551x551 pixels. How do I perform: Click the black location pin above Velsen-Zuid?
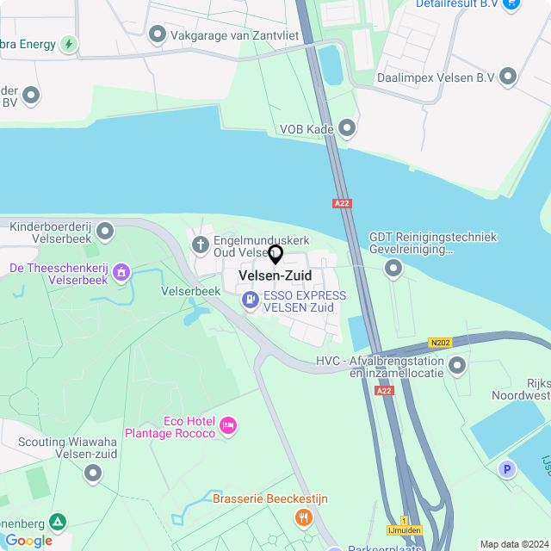(x=275, y=255)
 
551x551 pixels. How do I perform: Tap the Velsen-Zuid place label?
(x=275, y=275)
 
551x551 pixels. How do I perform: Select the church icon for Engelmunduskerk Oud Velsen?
(x=201, y=245)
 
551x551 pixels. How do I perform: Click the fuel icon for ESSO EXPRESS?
(x=251, y=300)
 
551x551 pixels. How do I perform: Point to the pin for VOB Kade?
(x=347, y=128)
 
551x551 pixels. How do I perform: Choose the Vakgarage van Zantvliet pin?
(x=158, y=34)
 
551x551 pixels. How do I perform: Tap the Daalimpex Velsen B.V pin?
(x=509, y=77)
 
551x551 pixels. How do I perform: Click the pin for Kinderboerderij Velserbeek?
(x=105, y=231)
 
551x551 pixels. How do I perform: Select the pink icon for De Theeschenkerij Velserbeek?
(x=121, y=273)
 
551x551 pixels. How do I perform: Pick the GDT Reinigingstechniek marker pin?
(x=393, y=269)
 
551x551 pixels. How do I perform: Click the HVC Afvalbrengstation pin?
(x=457, y=366)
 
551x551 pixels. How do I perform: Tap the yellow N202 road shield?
(x=441, y=343)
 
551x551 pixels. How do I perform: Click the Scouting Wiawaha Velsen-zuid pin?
(x=92, y=473)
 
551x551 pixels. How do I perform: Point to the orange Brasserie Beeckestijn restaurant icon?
(x=303, y=517)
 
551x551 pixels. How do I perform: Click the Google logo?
(x=28, y=541)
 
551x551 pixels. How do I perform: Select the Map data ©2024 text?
(x=513, y=544)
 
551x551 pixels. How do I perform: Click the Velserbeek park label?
(x=191, y=291)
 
